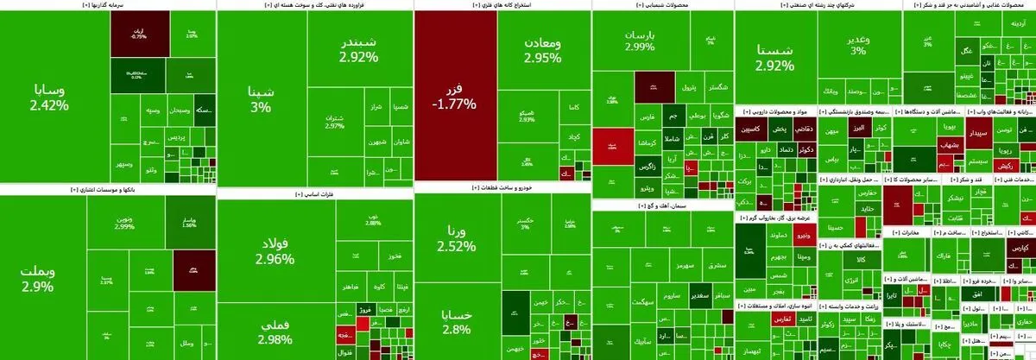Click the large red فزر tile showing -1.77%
(x=455, y=95)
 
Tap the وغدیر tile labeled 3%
(x=857, y=44)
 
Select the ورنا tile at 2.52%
(x=456, y=238)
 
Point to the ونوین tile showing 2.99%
(x=124, y=222)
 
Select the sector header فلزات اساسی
(x=314, y=195)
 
